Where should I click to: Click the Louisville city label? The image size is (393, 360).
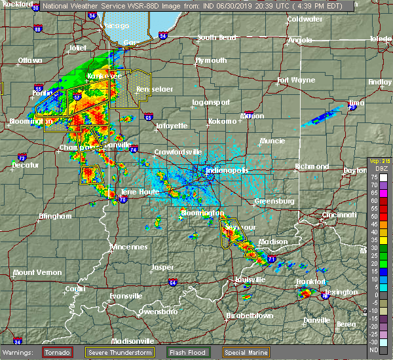[244, 279]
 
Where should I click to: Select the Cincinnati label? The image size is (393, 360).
[339, 215]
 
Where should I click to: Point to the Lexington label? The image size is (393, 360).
[343, 292]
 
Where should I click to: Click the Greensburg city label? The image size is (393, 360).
[273, 201]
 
